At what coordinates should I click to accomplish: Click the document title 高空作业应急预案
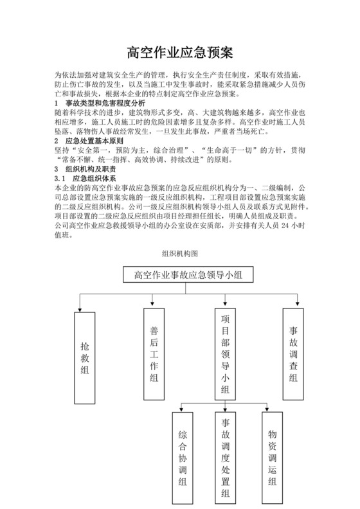click(x=179, y=51)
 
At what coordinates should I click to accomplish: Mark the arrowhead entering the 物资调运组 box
click(x=265, y=409)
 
